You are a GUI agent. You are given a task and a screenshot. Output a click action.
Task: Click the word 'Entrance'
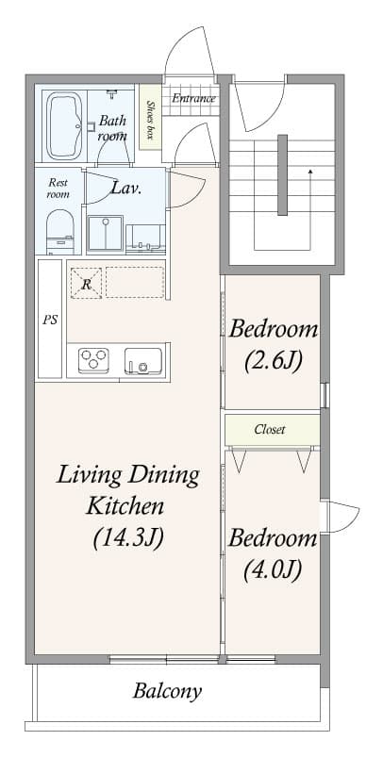pyautogui.click(x=193, y=98)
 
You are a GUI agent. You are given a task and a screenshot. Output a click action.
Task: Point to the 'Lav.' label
pyautogui.click(x=126, y=188)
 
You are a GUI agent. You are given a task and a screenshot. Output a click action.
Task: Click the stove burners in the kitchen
pyautogui.click(x=93, y=359)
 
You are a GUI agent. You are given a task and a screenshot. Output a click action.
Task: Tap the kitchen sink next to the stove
pyautogui.click(x=143, y=360)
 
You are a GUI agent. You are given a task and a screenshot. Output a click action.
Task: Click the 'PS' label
pyautogui.click(x=51, y=320)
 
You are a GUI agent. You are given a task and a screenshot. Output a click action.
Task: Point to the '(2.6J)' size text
pyautogui.click(x=273, y=360)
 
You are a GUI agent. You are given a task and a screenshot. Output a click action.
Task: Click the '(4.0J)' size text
pyautogui.click(x=273, y=569)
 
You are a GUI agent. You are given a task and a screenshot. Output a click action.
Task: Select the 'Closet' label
pyautogui.click(x=270, y=430)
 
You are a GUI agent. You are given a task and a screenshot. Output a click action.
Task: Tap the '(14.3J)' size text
pyautogui.click(x=128, y=537)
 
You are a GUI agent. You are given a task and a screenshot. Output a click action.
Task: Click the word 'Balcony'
pyautogui.click(x=167, y=691)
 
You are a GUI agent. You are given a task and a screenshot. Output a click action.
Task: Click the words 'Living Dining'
pyautogui.click(x=128, y=474)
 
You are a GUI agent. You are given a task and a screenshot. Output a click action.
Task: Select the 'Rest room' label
pyautogui.click(x=58, y=188)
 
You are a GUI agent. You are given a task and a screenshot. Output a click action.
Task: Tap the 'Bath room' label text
pyautogui.click(x=112, y=127)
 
